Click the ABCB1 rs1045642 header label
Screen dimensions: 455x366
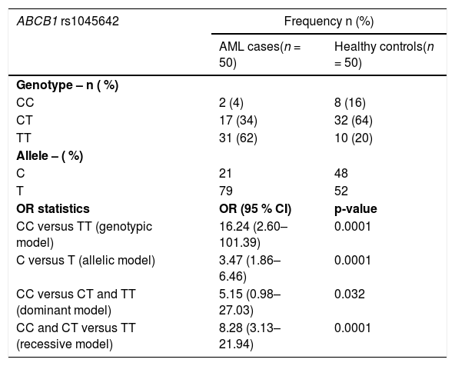click(68, 22)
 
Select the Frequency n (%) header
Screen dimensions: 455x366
click(329, 22)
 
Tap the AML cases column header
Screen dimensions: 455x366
click(260, 55)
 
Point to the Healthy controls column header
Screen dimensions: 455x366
click(384, 55)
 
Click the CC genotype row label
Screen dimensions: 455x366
click(25, 102)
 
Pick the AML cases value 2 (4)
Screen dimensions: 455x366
click(231, 102)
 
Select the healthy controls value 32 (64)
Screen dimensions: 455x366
click(353, 120)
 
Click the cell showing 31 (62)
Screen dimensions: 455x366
click(238, 138)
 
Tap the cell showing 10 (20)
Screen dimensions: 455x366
click(353, 138)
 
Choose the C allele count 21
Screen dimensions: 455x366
click(225, 173)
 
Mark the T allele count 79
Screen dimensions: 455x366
click(226, 191)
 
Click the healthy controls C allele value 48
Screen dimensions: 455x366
click(341, 173)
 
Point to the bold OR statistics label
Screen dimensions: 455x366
click(53, 208)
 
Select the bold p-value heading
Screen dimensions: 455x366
click(355, 209)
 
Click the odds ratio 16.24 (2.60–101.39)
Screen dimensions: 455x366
click(254, 235)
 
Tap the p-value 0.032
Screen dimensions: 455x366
click(350, 294)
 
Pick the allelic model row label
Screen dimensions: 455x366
click(85, 261)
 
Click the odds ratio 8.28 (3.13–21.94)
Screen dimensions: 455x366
click(250, 336)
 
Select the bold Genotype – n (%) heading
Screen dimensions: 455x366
click(68, 85)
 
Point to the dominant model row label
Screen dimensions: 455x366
click(76, 302)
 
